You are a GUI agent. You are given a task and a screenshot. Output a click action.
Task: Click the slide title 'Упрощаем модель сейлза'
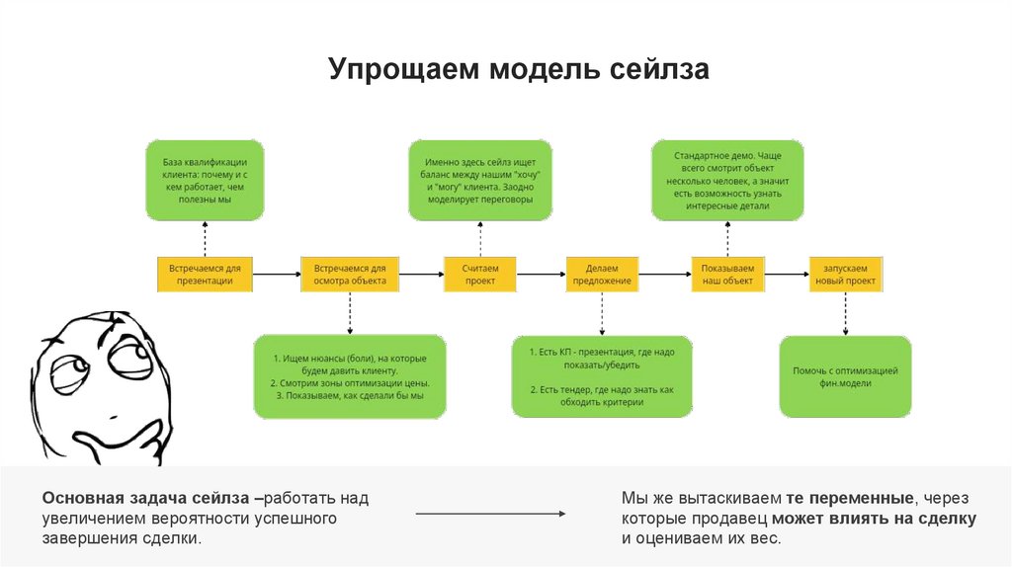tap(519, 71)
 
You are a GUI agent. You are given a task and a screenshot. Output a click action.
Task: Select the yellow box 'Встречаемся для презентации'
tap(206, 274)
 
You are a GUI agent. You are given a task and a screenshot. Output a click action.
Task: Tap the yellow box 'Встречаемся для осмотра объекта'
tap(349, 274)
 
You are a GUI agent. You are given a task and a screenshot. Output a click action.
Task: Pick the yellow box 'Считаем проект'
tap(480, 274)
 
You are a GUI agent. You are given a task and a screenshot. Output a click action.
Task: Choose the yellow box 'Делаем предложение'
tap(602, 274)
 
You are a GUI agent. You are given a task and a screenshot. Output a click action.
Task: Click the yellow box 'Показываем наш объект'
tap(727, 274)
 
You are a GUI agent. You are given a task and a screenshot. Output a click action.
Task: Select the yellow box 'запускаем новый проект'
tap(845, 274)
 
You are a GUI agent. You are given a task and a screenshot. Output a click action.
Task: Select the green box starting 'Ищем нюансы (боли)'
tap(349, 375)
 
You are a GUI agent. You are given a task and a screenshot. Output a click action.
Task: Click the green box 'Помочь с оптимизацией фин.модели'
tap(845, 376)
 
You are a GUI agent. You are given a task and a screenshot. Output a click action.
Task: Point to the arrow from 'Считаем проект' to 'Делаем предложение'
tap(541, 274)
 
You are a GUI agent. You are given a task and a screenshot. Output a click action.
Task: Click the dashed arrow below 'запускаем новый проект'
tap(845, 313)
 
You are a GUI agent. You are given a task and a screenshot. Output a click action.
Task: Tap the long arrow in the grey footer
tap(489, 514)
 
